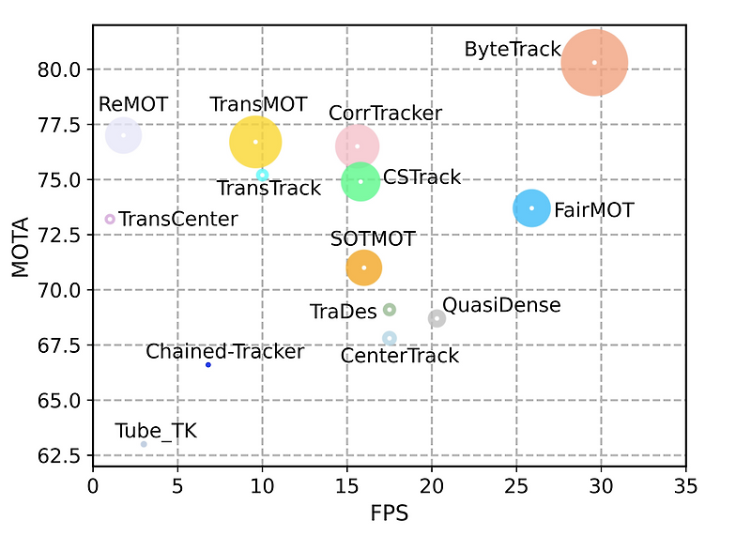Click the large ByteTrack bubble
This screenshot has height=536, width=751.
[594, 63]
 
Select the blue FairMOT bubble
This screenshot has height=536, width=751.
[531, 207]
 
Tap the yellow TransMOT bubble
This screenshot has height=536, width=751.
[255, 142]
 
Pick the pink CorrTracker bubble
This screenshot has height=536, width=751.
[358, 146]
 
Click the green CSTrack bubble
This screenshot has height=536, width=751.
[360, 181]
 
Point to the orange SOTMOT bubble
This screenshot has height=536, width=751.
[364, 268]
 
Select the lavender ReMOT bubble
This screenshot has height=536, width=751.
[123, 135]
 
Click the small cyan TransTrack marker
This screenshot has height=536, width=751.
[263, 175]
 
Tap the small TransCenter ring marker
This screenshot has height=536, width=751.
[110, 219]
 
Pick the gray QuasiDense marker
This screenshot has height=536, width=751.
[437, 318]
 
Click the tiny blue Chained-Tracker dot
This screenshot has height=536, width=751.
[208, 364]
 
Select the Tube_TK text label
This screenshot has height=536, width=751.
[156, 431]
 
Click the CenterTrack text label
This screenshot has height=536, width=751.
[400, 356]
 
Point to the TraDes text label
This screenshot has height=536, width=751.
[343, 311]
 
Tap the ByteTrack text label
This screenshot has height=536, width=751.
[513, 50]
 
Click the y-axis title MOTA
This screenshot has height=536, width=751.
[21, 247]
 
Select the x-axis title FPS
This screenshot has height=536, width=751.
[389, 514]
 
